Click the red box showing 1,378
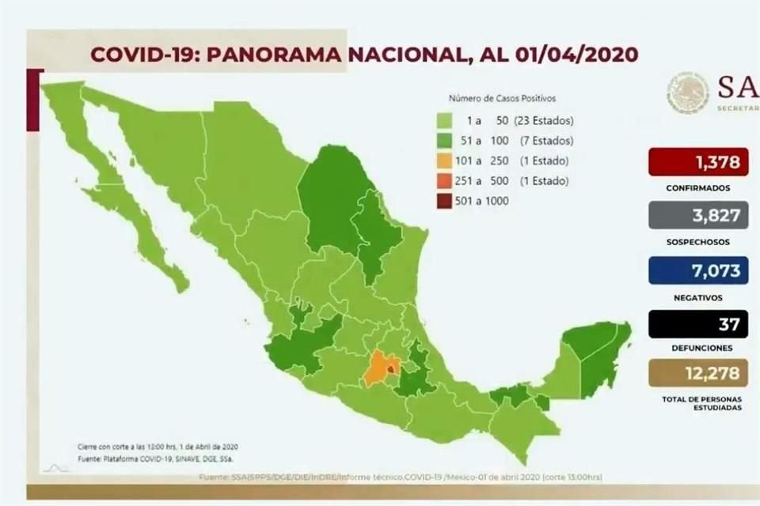point(698,163)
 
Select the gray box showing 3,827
point(698,216)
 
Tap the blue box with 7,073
point(698,270)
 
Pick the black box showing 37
point(698,323)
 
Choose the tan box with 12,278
point(698,373)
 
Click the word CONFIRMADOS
point(698,188)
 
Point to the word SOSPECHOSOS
point(698,242)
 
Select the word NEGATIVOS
point(698,297)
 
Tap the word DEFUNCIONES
point(698,348)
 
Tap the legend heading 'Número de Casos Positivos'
point(502,99)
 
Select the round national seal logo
point(687,93)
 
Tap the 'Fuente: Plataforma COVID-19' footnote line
point(155,458)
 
